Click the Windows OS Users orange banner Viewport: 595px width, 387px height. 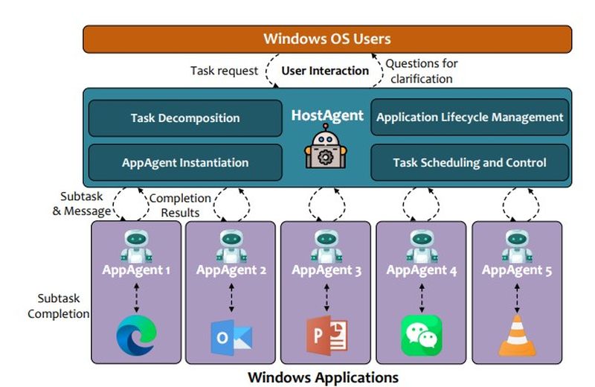[327, 39]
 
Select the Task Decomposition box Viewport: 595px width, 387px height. [185, 118]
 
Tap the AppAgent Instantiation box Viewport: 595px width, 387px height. [185, 162]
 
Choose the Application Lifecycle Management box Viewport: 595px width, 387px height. [469, 118]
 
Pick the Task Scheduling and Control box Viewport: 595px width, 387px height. [469, 162]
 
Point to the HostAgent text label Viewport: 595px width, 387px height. [327, 115]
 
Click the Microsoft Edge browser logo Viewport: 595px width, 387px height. [136, 334]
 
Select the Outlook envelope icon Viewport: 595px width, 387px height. [231, 337]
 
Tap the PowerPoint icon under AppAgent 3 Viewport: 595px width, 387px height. [327, 336]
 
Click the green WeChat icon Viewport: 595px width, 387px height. [422, 336]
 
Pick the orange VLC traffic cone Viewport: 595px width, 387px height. [517, 336]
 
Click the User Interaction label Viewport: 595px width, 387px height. [325, 71]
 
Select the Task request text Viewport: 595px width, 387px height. [224, 71]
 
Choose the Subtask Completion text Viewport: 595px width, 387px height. [58, 306]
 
